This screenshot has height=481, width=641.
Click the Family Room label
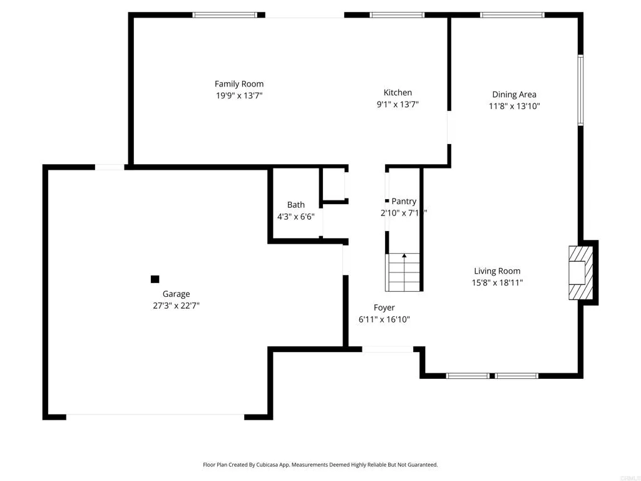239,84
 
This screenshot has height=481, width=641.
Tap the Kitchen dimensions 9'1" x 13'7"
397,105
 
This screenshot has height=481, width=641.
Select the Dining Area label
514,95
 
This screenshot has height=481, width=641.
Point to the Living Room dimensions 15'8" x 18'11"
498,282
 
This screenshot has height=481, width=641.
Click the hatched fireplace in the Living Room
579,272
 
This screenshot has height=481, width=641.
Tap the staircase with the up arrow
404,272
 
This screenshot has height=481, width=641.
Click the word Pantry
404,202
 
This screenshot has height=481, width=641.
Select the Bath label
296,205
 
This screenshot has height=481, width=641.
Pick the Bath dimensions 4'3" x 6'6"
296,216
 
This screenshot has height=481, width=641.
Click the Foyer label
384,308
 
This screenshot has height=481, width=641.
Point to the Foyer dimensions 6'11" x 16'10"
384,319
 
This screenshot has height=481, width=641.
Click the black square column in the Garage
155,279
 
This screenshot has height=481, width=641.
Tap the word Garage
176,294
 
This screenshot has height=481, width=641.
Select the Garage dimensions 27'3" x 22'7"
176,306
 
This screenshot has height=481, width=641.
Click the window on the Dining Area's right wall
580,90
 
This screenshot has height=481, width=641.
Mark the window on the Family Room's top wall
225,14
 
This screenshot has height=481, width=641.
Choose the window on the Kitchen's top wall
397,14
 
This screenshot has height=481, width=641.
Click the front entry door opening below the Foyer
387,349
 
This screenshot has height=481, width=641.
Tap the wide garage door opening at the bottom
155,415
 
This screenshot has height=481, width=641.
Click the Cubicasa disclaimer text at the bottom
320,465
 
